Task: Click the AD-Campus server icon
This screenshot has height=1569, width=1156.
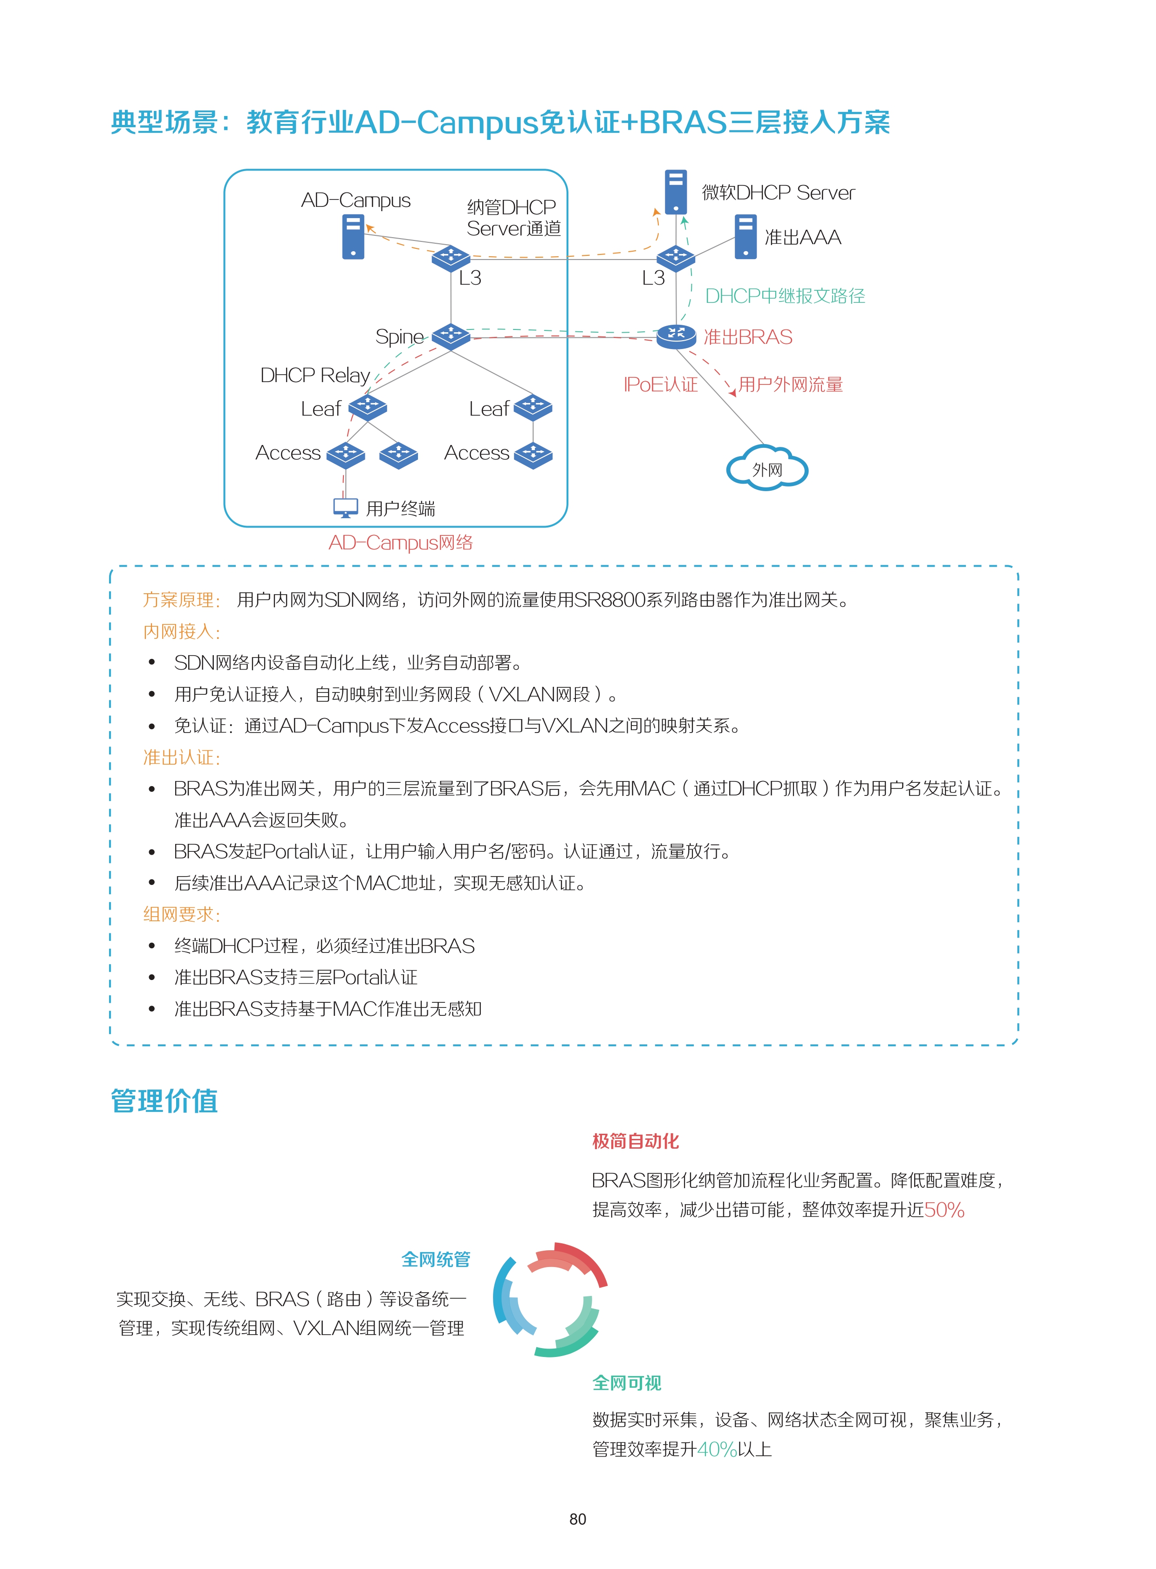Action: pyautogui.click(x=353, y=237)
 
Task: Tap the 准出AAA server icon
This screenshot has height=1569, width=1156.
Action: pyautogui.click(x=746, y=237)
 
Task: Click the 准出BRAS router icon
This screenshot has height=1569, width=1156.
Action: pyautogui.click(x=676, y=336)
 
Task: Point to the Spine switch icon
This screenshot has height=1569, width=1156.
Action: pyautogui.click(x=451, y=336)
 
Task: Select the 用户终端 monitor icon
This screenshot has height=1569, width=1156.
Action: pyautogui.click(x=346, y=508)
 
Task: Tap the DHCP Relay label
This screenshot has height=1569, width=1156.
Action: pyautogui.click(x=315, y=375)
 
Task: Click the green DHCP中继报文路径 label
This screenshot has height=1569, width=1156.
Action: pyautogui.click(x=785, y=296)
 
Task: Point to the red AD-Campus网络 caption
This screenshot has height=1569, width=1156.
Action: pyautogui.click(x=401, y=542)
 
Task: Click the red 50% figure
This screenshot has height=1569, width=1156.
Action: pyautogui.click(x=944, y=1210)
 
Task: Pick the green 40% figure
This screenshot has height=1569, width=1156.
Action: pyautogui.click(x=717, y=1449)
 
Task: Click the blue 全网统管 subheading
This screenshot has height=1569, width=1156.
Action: pyautogui.click(x=436, y=1260)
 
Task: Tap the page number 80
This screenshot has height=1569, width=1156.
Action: pyautogui.click(x=578, y=1519)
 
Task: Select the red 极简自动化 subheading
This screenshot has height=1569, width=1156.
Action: pyautogui.click(x=636, y=1141)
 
